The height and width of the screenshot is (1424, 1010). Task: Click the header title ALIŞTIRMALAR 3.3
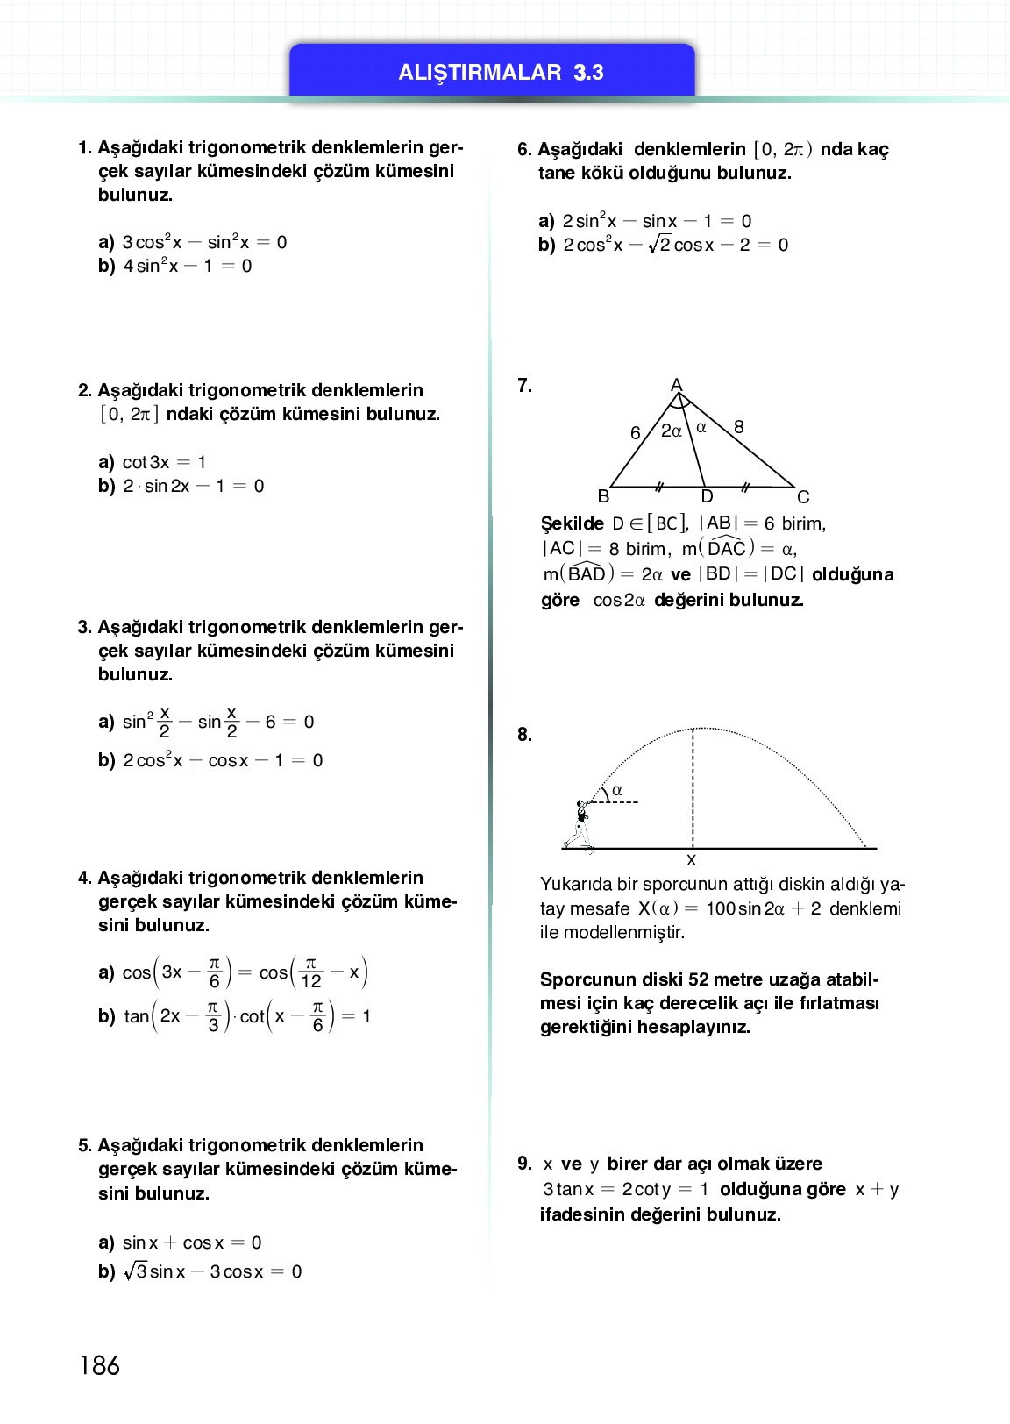point(501,72)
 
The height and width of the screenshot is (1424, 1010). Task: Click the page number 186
point(99,1364)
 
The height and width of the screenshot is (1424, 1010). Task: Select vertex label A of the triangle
point(676,385)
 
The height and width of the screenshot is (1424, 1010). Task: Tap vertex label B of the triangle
point(603,496)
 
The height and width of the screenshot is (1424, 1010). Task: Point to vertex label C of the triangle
point(803,497)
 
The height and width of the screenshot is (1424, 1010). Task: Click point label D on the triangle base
point(707,497)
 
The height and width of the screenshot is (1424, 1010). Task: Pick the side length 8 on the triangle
point(739,427)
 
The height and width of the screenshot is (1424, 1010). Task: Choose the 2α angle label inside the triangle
point(671,431)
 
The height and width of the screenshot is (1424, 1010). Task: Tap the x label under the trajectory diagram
point(691,860)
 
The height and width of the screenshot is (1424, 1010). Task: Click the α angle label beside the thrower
point(617,790)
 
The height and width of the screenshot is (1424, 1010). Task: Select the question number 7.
point(524,385)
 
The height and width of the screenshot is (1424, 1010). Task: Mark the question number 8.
point(524,735)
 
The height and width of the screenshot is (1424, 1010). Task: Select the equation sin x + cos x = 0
point(191,1242)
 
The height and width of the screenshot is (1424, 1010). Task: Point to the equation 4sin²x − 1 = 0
point(187,266)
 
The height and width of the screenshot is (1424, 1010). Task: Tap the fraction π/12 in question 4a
point(310,972)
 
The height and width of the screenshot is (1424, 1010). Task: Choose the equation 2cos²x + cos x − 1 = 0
point(223,760)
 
